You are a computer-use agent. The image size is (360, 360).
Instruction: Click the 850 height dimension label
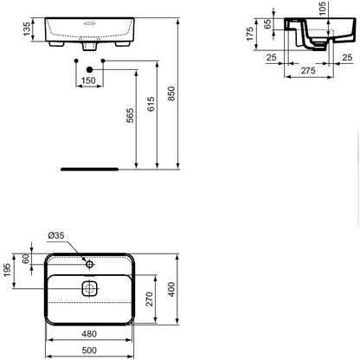[x=171, y=93]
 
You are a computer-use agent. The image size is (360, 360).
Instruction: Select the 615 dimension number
[x=151, y=104]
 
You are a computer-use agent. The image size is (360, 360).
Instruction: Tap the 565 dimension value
[x=130, y=115]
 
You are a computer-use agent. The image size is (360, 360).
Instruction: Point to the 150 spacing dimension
[x=88, y=80]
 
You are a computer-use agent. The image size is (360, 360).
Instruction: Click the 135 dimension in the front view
[x=27, y=29]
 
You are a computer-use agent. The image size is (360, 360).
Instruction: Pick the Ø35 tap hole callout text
[x=56, y=235]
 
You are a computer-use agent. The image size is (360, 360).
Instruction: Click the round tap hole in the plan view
[x=90, y=264]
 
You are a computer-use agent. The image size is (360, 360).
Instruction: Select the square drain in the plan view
[x=90, y=289]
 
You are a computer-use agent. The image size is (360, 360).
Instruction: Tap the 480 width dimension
[x=89, y=334]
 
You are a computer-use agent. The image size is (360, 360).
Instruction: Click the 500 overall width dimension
[x=89, y=350]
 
